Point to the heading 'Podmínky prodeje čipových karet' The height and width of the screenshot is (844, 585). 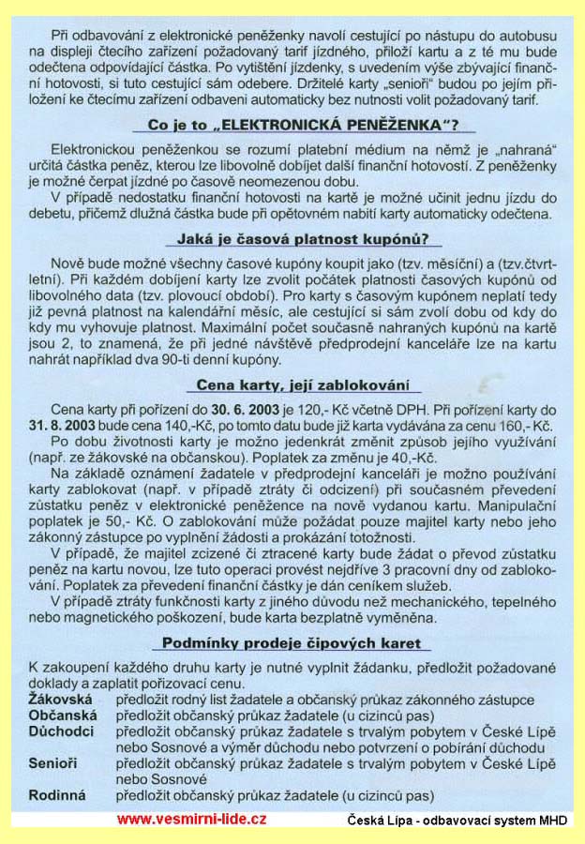click(x=292, y=643)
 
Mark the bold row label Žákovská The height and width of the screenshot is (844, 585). click(x=60, y=700)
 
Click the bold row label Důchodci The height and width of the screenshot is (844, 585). click(x=61, y=731)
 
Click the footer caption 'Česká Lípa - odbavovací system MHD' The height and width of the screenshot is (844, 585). click(x=455, y=820)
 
